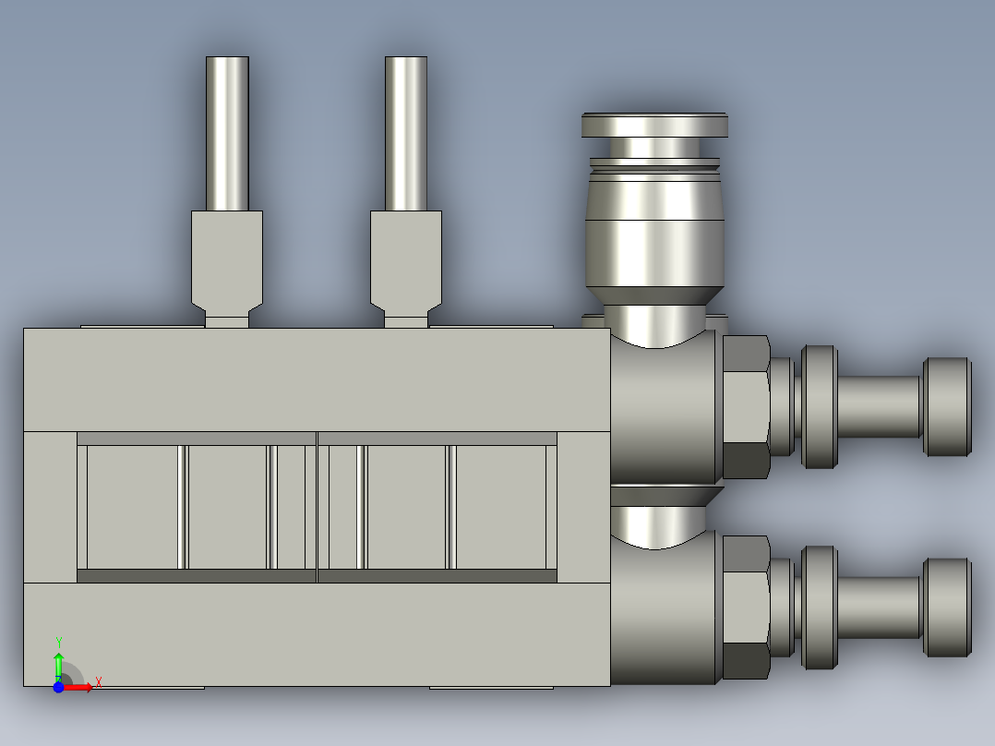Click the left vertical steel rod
pos(227,134)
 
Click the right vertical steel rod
pos(406,134)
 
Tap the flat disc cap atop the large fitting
pos(654,126)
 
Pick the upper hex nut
pos(746,406)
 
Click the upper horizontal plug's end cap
pos(948,406)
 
